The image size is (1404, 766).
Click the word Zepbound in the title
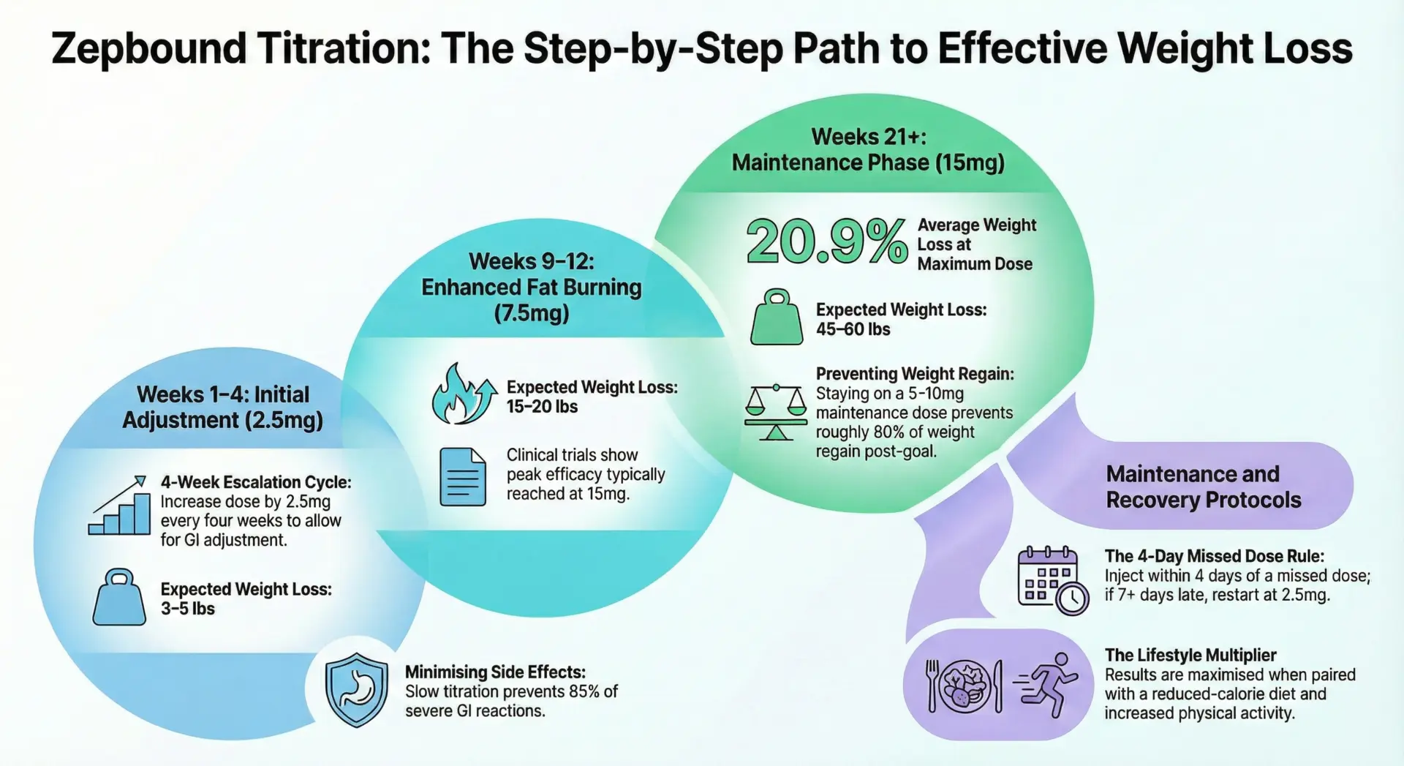tap(149, 50)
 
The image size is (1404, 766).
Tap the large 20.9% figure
tap(827, 242)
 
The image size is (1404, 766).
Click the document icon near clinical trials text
tap(463, 477)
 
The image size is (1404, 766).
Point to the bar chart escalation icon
tap(119, 506)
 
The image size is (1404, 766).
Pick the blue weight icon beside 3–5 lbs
tap(119, 597)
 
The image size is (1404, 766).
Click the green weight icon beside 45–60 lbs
tap(777, 317)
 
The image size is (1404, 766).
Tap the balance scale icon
tap(776, 413)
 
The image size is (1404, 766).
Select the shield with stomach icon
tap(357, 690)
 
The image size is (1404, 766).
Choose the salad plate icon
tap(965, 686)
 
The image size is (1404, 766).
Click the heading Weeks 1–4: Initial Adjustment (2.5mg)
tap(223, 407)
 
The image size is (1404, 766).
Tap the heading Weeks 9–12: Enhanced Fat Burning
tap(532, 274)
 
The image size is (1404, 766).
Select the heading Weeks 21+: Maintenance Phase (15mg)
tap(868, 149)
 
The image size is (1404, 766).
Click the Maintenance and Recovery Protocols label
tap(1204, 487)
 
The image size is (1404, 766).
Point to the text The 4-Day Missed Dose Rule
tap(1214, 556)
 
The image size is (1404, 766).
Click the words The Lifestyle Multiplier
tap(1190, 655)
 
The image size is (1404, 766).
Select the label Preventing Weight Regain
tap(915, 374)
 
